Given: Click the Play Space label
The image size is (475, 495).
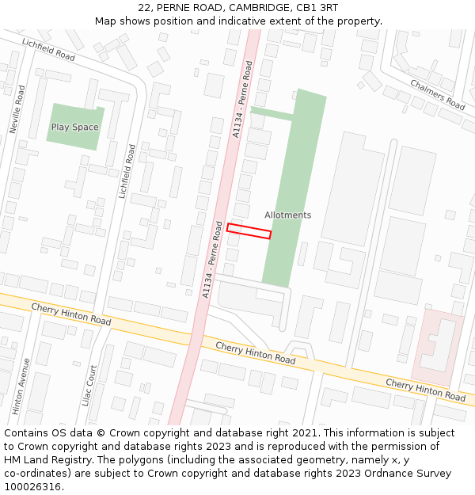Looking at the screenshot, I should coord(75,127).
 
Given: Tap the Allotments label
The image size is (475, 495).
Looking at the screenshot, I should coord(287,215).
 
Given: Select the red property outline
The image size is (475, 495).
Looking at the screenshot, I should coord(249,230).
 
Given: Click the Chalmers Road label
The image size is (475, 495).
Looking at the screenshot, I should coord(437,94).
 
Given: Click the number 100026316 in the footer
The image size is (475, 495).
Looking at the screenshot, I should coord(32,486).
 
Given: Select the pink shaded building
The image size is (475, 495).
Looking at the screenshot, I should coord(437,345).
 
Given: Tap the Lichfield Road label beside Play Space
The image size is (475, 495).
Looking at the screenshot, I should coord(127,170).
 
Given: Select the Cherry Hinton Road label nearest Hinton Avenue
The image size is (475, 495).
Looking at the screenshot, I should coord(70,314).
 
